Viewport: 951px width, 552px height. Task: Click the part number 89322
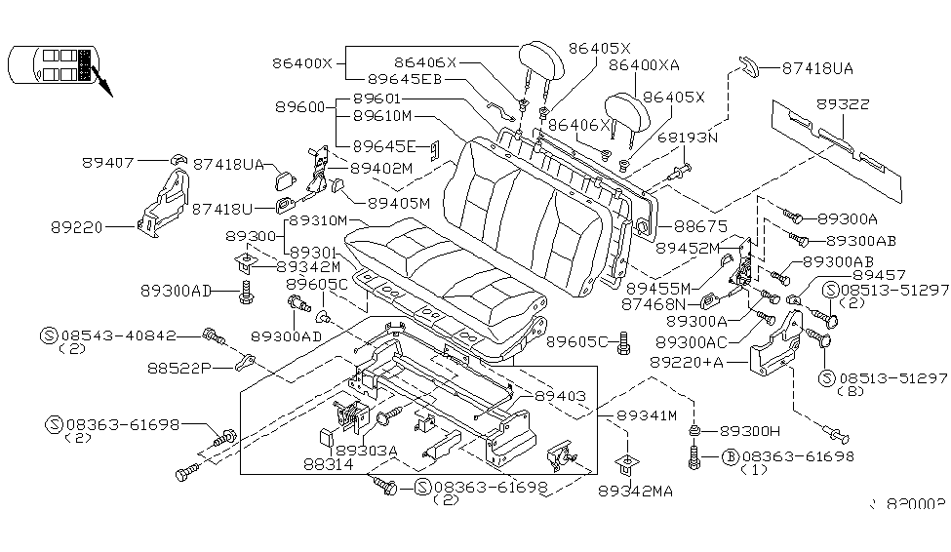tap(844, 104)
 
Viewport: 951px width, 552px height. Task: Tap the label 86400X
tap(302, 63)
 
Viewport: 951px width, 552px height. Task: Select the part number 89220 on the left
tap(79, 226)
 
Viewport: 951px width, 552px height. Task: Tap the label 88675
tap(693, 226)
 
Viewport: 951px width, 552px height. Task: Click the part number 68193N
tap(690, 138)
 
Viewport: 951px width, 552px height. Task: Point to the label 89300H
tap(751, 430)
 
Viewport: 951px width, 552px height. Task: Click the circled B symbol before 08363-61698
tap(729, 455)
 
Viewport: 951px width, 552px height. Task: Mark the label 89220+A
tap(714, 361)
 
